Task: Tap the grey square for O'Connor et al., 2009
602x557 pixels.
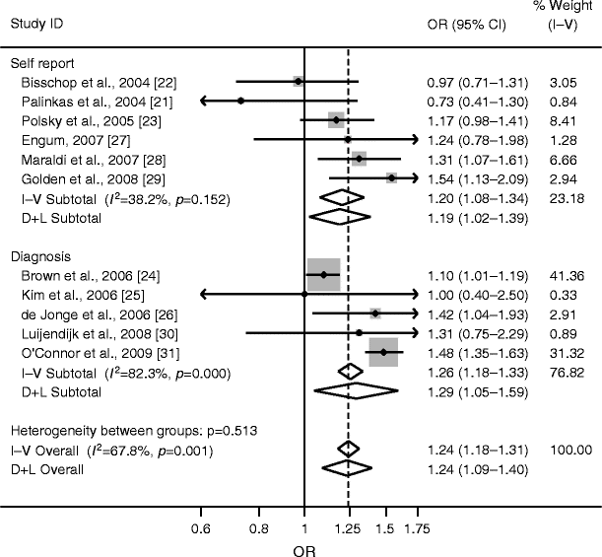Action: pyautogui.click(x=383, y=352)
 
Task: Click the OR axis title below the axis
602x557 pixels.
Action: pyautogui.click(x=303, y=549)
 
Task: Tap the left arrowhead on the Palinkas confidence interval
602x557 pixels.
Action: pyautogui.click(x=205, y=101)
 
